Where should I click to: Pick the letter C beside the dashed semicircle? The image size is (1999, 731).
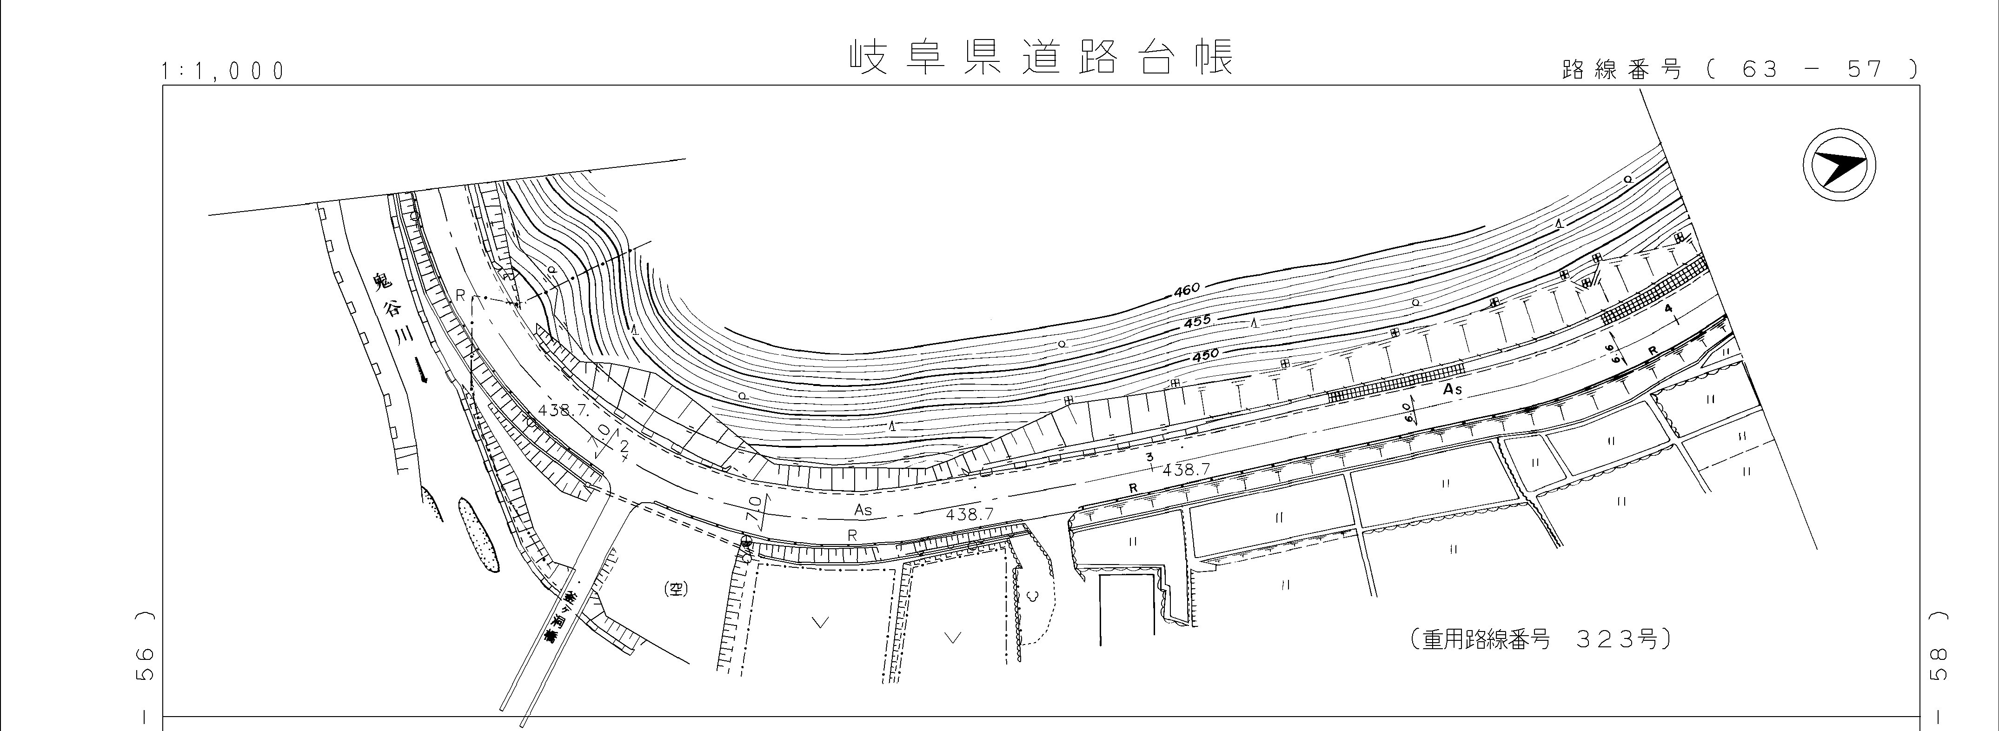[1030, 596]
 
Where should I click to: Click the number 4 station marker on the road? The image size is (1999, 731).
[1667, 309]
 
